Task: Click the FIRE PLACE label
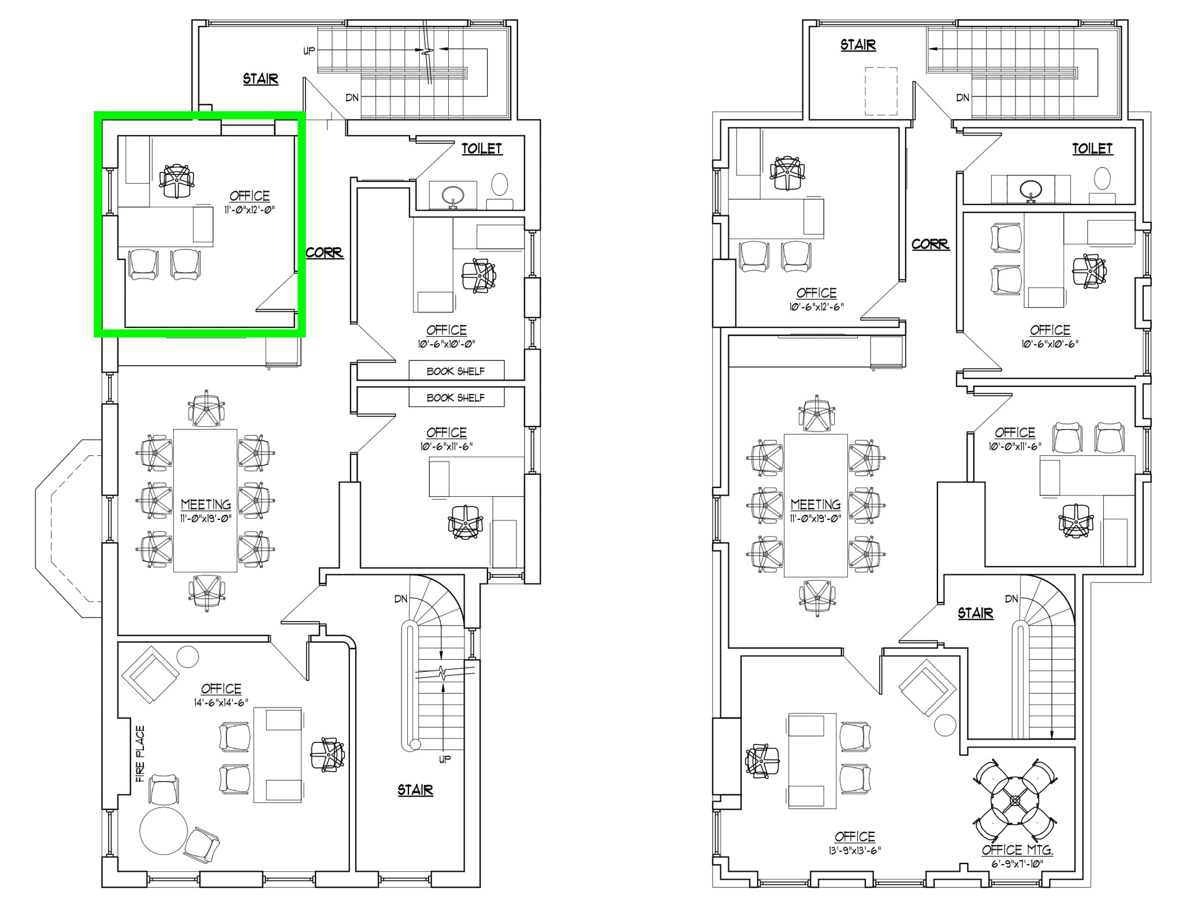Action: [140, 754]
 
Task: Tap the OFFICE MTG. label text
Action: [1017, 850]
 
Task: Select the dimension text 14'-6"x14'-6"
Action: [221, 702]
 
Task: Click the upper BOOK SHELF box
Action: [456, 371]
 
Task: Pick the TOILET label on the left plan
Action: [482, 148]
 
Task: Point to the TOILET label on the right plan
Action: [1092, 148]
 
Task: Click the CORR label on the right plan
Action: [930, 244]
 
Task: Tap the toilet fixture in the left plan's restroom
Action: [500, 185]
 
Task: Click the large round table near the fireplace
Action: [163, 831]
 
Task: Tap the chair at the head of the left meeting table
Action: [206, 408]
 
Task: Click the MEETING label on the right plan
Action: [816, 504]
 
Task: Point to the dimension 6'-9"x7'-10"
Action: [1017, 864]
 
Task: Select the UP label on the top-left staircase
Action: [309, 51]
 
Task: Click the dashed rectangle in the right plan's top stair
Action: [881, 91]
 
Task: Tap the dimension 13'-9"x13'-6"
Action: [854, 850]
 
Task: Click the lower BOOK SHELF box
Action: [456, 397]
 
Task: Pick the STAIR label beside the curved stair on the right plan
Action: [975, 613]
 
